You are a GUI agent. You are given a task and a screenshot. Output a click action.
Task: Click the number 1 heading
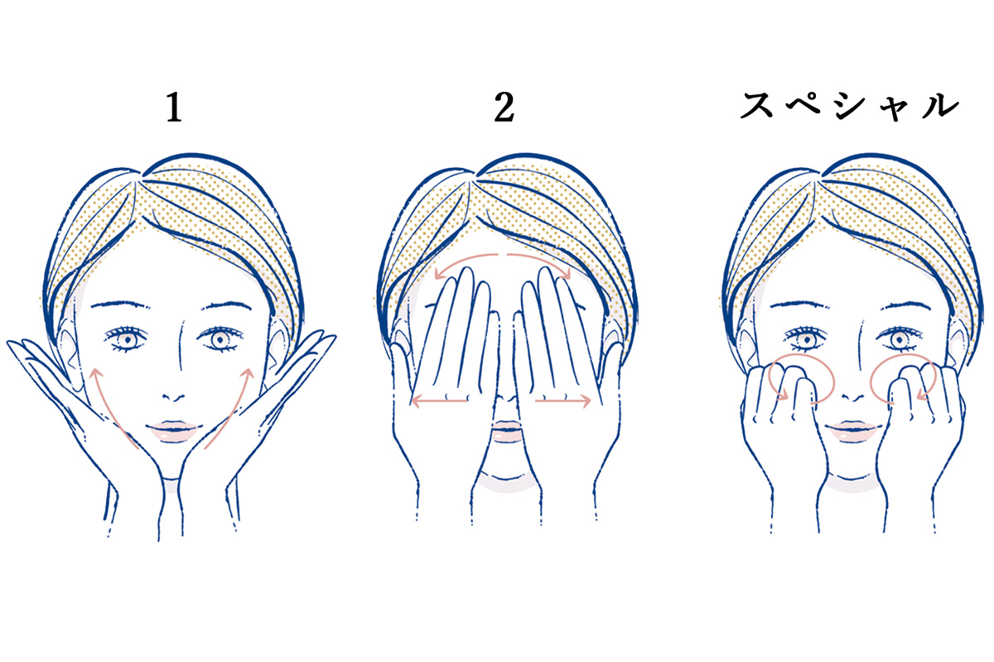tap(174, 107)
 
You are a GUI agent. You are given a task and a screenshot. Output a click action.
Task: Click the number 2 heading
tap(504, 107)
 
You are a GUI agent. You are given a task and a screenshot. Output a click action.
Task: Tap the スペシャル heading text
tap(850, 107)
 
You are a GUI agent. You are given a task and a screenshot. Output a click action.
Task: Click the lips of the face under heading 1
tap(173, 431)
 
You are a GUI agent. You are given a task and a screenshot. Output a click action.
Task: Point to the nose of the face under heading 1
tap(173, 396)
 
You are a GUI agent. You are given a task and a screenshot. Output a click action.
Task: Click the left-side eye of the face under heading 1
tap(127, 339)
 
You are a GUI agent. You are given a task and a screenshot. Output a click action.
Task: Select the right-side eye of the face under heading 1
tap(220, 339)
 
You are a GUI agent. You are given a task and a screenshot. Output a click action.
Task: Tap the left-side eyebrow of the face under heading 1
tap(120, 305)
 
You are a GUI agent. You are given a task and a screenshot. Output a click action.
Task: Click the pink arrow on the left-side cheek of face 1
tap(108, 409)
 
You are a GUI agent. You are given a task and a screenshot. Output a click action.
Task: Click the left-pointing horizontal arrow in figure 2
tap(439, 401)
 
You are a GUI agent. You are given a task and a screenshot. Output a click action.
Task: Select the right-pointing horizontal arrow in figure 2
tap(563, 401)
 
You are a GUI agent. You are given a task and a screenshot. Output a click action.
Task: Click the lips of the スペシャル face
tap(852, 431)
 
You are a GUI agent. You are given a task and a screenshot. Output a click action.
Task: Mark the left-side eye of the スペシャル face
tap(805, 339)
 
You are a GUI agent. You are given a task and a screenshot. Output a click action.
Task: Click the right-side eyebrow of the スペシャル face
tap(908, 305)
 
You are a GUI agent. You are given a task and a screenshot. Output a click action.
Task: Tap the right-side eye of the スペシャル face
tap(898, 339)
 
